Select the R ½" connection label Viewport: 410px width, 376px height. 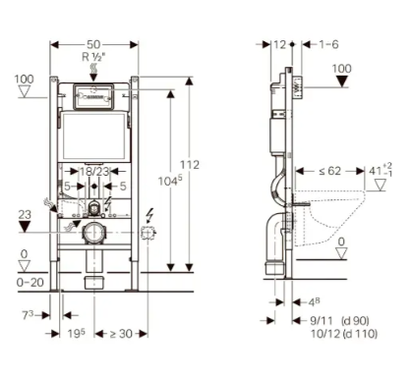tap(94, 58)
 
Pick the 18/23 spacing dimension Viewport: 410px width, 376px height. tap(94, 172)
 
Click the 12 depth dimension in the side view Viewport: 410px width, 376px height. tap(280, 45)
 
